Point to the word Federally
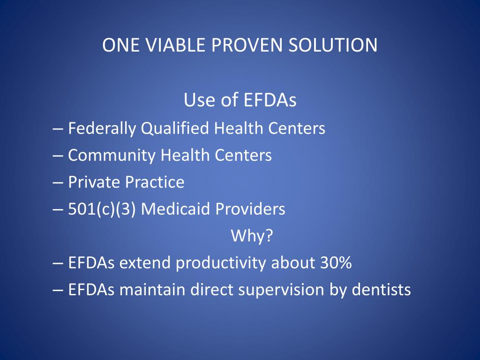pyautogui.click(x=103, y=128)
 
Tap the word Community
pyautogui.click(x=112, y=155)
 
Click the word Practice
pyautogui.click(x=155, y=182)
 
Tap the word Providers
pyautogui.click(x=250, y=209)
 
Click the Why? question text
pyautogui.click(x=252, y=236)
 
